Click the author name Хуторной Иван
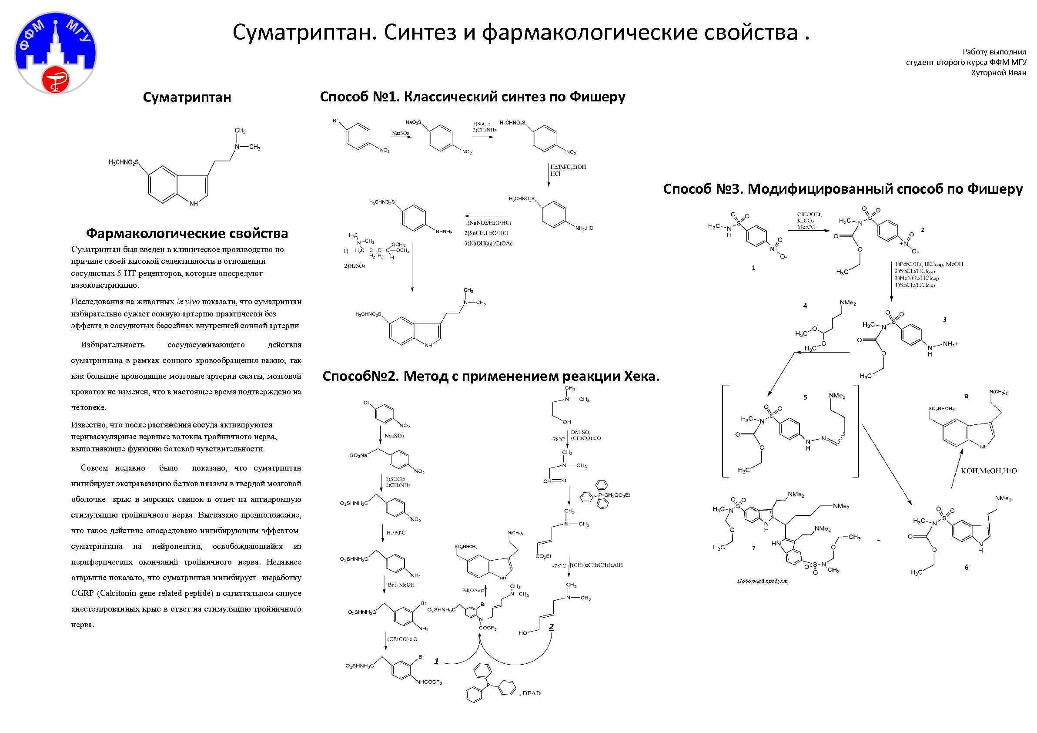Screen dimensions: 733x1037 click(x=999, y=73)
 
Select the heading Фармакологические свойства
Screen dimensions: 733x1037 click(x=187, y=234)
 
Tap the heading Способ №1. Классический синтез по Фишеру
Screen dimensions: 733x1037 click(x=472, y=97)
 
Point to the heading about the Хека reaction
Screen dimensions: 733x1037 click(x=491, y=377)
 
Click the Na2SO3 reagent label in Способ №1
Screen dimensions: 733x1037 click(x=400, y=133)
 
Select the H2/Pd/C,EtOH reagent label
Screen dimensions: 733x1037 click(x=568, y=167)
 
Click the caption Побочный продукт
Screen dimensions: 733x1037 click(x=763, y=581)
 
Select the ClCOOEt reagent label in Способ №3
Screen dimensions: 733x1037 click(x=810, y=215)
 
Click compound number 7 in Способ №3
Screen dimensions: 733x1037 click(x=753, y=548)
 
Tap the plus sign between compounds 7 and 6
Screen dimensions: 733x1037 click(x=879, y=540)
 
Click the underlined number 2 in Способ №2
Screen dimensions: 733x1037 click(x=551, y=627)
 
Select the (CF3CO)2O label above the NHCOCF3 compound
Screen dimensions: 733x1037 click(x=401, y=639)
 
